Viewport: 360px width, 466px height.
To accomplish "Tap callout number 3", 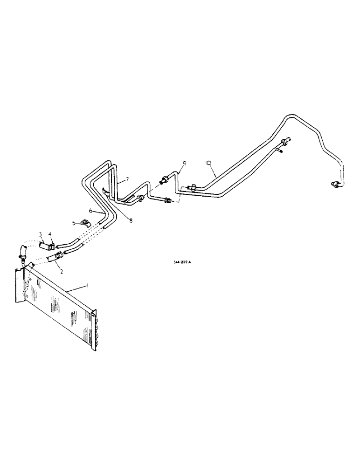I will coord(41,233).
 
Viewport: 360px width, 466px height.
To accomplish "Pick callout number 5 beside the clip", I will coord(73,223).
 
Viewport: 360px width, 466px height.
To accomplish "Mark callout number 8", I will coord(131,220).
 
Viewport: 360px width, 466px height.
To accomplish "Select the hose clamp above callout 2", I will coord(59,255).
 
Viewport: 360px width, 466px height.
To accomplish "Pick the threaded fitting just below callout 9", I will coord(166,179).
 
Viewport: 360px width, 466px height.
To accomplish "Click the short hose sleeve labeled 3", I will coord(44,244).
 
